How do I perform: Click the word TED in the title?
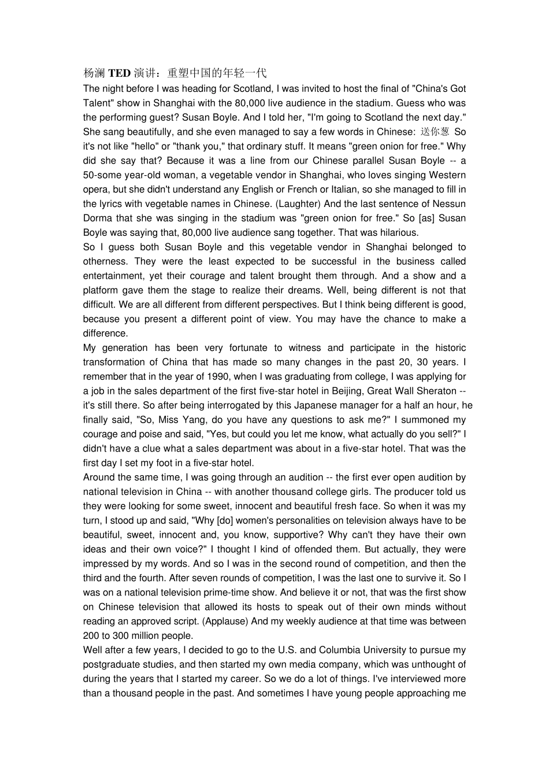tap(120, 73)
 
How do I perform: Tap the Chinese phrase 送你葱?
tap(435, 132)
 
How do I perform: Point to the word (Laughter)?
tap(297, 203)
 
